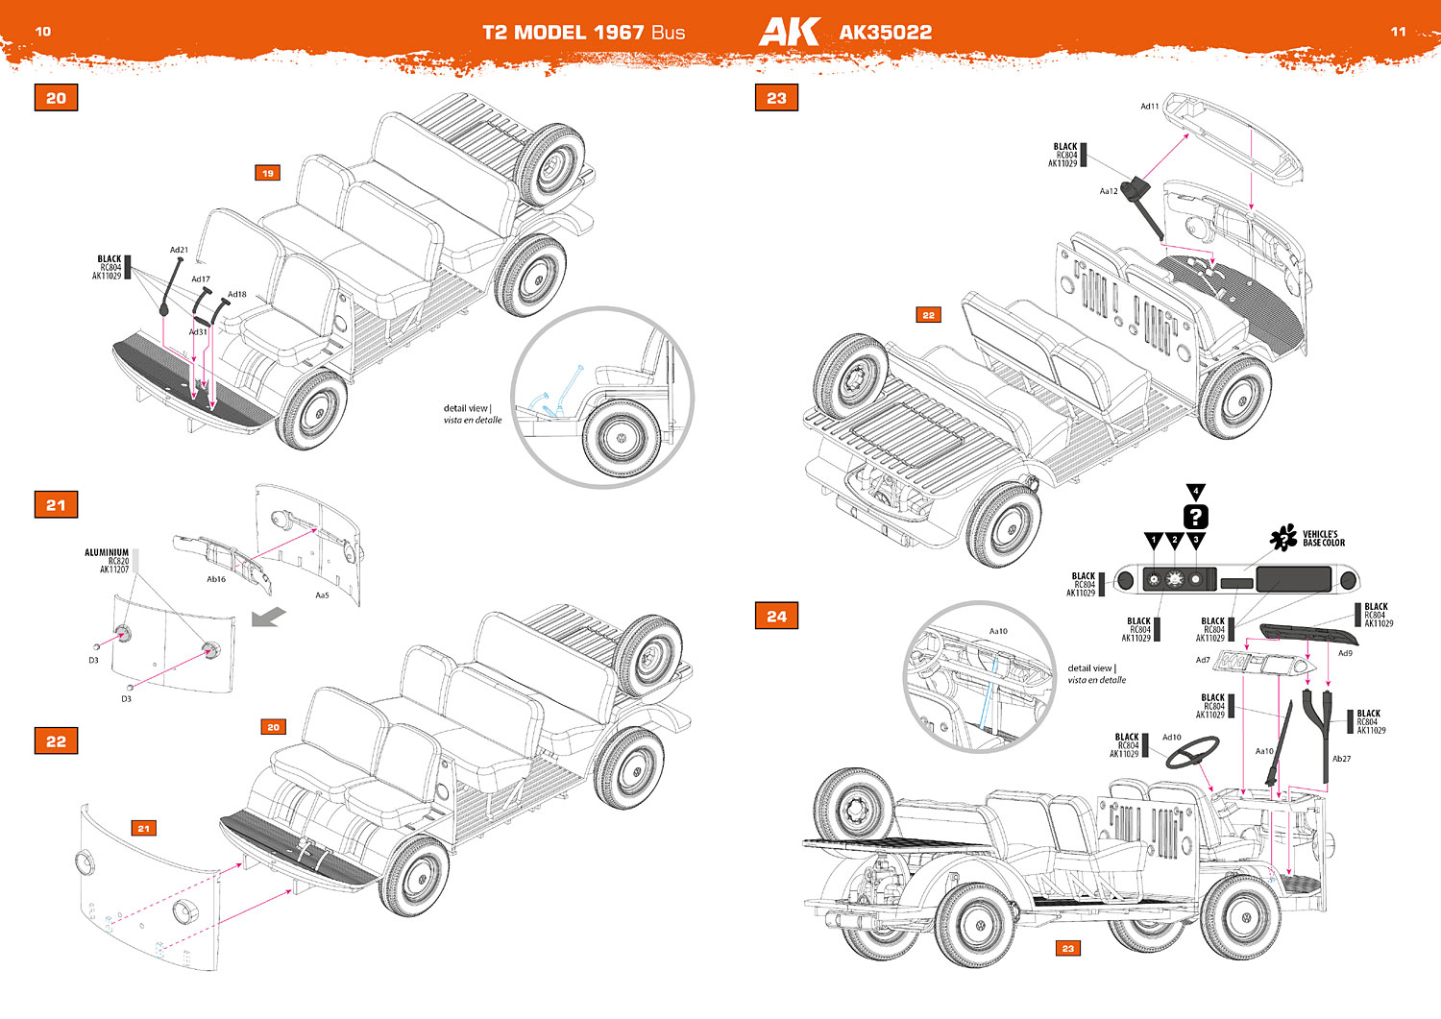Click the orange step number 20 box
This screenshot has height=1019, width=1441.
[x=56, y=98]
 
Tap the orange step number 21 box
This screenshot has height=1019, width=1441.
[x=56, y=505]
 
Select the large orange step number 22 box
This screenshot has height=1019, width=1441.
[x=56, y=741]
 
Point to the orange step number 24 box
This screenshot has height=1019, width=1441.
[x=776, y=617]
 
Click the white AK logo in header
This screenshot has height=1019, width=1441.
[x=789, y=32]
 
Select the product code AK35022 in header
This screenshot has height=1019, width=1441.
[x=885, y=33]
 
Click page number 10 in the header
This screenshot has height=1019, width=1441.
[x=43, y=32]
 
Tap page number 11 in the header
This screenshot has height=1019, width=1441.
[x=1398, y=32]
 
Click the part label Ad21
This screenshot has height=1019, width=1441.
[x=179, y=250]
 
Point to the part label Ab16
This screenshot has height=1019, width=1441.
[x=216, y=579]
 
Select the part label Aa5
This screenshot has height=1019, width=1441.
[x=322, y=595]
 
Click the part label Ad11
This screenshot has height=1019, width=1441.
[x=1149, y=107]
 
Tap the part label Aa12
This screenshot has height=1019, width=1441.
[x=1109, y=191]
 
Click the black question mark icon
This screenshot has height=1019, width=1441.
[x=1195, y=517]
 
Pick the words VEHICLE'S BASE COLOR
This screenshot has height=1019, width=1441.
[x=1323, y=539]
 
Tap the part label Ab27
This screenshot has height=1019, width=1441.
[x=1341, y=759]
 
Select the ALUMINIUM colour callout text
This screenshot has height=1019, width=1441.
[x=107, y=553]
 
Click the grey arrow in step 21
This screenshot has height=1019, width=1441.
[x=268, y=617]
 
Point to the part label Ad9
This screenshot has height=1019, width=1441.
[x=1345, y=653]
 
